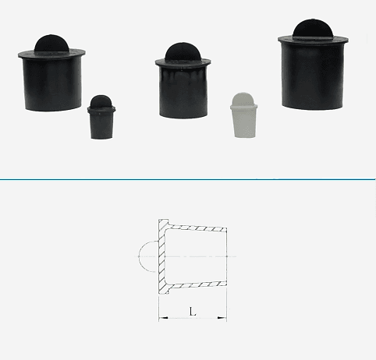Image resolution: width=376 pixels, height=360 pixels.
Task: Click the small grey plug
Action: (x=243, y=115)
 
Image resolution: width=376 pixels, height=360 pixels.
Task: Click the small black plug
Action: (x=101, y=117)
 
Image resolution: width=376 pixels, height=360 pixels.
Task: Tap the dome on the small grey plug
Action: (x=243, y=99)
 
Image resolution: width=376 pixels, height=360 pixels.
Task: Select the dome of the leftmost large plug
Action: (x=51, y=43)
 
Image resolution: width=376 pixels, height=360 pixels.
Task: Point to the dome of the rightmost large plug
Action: (x=313, y=29)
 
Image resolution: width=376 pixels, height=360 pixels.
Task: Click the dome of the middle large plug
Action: (x=183, y=51)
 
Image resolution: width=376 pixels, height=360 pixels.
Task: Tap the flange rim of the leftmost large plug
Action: (x=51, y=54)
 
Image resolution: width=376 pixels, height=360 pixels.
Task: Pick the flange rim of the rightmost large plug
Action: (x=314, y=41)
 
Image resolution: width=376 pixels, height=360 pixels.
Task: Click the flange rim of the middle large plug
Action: (x=183, y=62)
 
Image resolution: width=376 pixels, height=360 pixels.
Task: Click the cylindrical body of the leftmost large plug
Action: (x=52, y=84)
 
